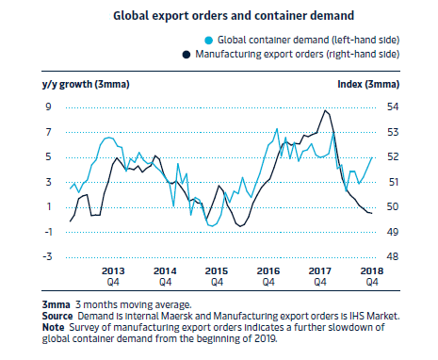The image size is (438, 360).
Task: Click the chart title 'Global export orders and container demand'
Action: click(x=234, y=16)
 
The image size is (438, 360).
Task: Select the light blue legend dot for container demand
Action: click(x=209, y=41)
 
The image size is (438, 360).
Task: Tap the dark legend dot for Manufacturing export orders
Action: click(x=187, y=55)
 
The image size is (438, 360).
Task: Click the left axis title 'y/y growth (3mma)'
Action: click(x=86, y=84)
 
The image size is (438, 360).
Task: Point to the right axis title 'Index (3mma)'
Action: click(x=368, y=84)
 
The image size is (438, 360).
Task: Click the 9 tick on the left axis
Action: click(x=48, y=106)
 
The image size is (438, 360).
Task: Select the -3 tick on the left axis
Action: click(x=47, y=256)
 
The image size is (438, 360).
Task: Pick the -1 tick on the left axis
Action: click(x=48, y=232)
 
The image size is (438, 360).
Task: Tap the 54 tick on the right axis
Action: click(x=393, y=106)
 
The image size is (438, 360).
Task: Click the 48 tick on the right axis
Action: click(x=393, y=256)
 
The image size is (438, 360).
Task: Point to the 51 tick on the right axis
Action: click(x=393, y=182)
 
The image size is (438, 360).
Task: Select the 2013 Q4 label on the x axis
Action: click(x=113, y=276)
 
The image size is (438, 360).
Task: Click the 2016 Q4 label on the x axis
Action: click(x=268, y=276)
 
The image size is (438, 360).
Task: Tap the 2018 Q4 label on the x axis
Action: click(x=372, y=276)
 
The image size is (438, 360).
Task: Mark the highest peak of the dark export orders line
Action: click(x=325, y=110)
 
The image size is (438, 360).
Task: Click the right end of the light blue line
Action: click(x=372, y=157)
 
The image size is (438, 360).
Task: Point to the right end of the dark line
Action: click(x=372, y=214)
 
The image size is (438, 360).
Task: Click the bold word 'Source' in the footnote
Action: click(x=57, y=316)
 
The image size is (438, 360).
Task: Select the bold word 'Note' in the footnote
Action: click(x=53, y=327)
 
